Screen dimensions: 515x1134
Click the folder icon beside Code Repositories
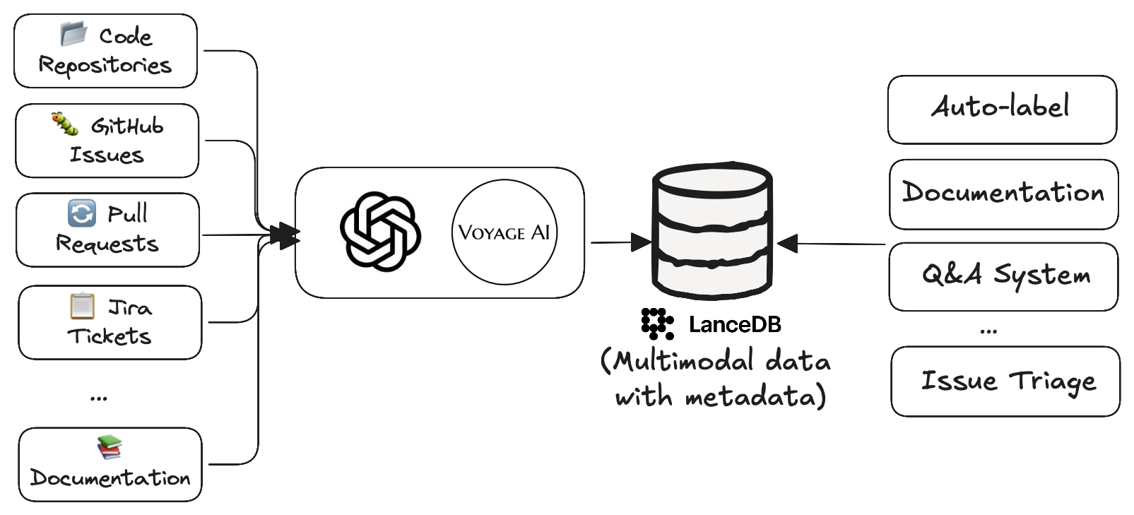(73, 33)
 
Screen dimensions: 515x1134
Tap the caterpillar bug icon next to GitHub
(65, 124)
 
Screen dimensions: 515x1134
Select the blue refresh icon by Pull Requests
(81, 213)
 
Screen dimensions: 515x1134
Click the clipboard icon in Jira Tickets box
(82, 306)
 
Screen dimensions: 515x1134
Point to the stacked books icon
(110, 447)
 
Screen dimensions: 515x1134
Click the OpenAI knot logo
(380, 232)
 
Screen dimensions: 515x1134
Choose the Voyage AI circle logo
(504, 232)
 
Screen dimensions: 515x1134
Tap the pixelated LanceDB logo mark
(656, 324)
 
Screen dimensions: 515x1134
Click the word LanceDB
(735, 324)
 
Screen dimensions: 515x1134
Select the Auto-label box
(1001, 109)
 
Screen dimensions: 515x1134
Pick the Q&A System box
(1003, 276)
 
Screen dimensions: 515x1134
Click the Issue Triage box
(1005, 381)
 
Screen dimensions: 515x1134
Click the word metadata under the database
(750, 396)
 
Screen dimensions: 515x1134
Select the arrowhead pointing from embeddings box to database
(642, 242)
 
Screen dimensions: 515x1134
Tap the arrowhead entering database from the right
(787, 244)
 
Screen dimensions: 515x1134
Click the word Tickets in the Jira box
(110, 336)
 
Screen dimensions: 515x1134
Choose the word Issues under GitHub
(107, 155)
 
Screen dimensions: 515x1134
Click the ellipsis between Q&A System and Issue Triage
(988, 331)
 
